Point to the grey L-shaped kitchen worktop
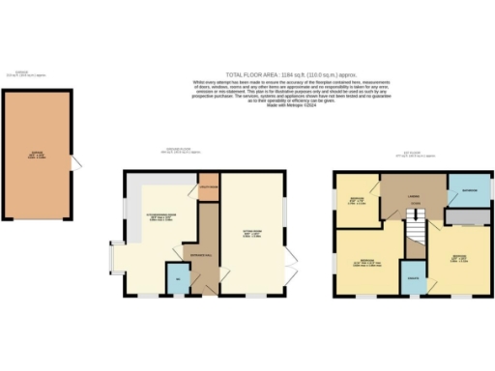coord(145,190)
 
